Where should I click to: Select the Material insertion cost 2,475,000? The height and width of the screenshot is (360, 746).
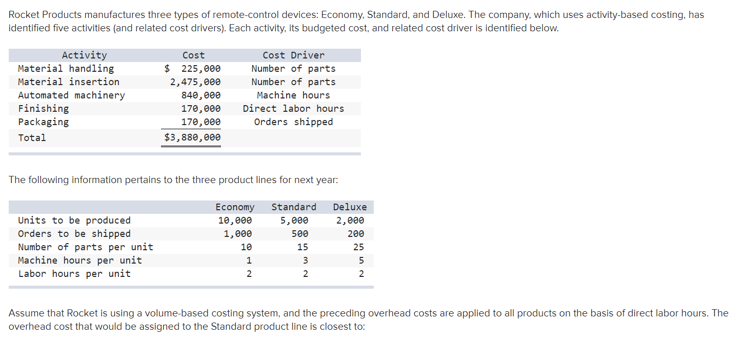click(195, 82)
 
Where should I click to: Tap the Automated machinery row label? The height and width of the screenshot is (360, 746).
click(71, 95)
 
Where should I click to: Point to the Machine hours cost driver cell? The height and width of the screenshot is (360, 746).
click(293, 95)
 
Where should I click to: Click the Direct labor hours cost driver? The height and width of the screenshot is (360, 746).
click(293, 109)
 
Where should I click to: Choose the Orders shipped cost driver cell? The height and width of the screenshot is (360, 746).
click(293, 122)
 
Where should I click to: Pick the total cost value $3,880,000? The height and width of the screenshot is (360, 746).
click(192, 137)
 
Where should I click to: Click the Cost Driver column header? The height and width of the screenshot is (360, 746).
click(293, 55)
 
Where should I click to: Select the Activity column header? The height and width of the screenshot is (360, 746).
click(84, 55)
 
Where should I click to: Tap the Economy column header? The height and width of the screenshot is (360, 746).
click(234, 207)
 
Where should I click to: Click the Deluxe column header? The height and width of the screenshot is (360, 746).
click(350, 207)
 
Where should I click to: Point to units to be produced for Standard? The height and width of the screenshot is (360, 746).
click(294, 221)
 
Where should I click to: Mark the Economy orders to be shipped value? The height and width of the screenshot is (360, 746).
click(237, 234)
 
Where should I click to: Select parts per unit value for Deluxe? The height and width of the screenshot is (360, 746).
click(358, 247)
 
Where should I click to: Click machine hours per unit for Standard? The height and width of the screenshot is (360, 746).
click(305, 261)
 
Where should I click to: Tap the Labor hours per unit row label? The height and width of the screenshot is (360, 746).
click(74, 274)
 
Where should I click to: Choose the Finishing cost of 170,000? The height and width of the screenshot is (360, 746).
click(201, 109)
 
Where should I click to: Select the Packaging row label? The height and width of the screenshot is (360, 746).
click(43, 122)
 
